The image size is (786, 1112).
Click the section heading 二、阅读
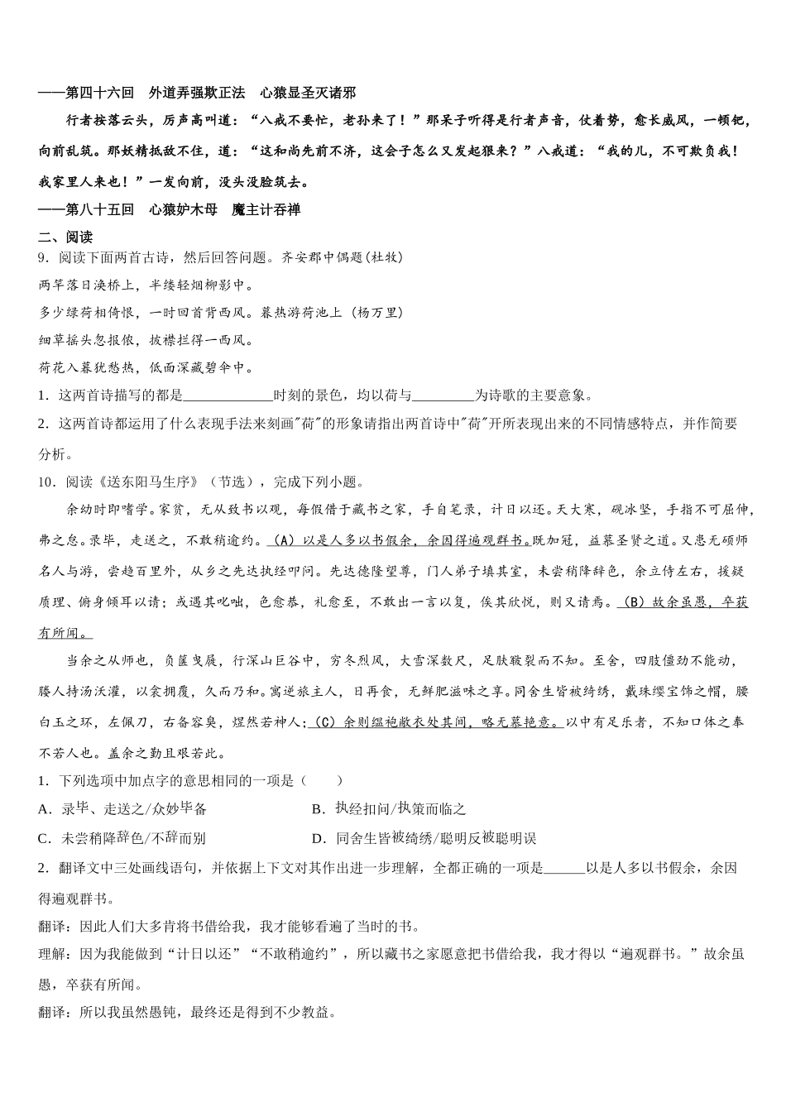[65, 237]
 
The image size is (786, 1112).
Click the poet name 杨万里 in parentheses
[377, 312]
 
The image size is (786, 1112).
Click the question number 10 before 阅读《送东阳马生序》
[46, 482]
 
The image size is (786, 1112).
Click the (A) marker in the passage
[283, 540]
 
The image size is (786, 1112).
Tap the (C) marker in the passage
[324, 722]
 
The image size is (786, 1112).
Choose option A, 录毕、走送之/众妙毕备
[122, 809]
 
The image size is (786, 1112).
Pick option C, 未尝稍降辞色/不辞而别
[122, 838]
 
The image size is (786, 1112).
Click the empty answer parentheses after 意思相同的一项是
[322, 780]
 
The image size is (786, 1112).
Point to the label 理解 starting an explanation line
[54, 954]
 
